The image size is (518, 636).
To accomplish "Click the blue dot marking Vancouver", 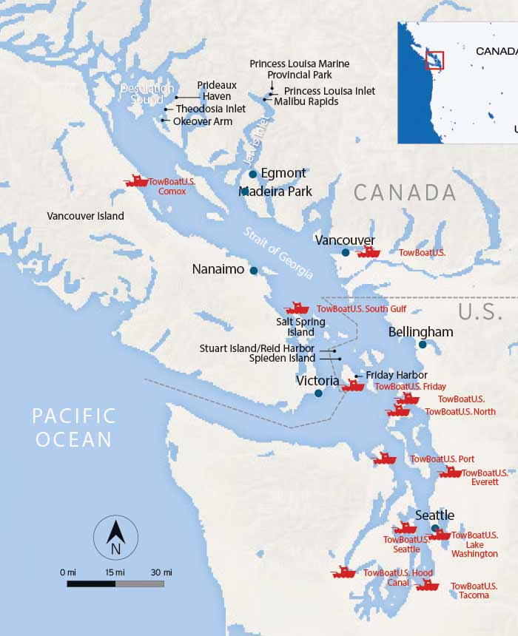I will click(346, 253).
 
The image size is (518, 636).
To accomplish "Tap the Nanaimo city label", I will click(218, 269).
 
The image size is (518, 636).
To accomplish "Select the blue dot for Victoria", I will click(318, 393).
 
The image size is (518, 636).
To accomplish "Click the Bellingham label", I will click(420, 332).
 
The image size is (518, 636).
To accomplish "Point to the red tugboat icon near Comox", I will click(136, 181).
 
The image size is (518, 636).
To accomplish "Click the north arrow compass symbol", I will click(115, 536).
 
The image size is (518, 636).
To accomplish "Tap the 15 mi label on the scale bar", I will click(115, 572).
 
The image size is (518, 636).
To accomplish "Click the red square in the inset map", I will click(434, 61).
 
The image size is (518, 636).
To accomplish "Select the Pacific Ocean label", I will click(74, 427).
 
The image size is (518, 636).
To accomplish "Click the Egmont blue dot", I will click(253, 175).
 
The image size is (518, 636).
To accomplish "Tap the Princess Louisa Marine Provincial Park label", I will click(299, 70).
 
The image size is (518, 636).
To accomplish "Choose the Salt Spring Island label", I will click(295, 327).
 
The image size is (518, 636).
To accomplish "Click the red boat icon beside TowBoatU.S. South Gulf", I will click(297, 308).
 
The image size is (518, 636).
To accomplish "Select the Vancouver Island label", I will click(85, 216).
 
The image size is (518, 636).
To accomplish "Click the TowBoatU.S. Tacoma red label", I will click(474, 590).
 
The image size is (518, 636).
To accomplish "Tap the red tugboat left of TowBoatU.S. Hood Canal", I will click(343, 572).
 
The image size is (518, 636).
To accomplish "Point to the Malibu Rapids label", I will click(306, 101).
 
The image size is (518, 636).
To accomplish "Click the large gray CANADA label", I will click(405, 192).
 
